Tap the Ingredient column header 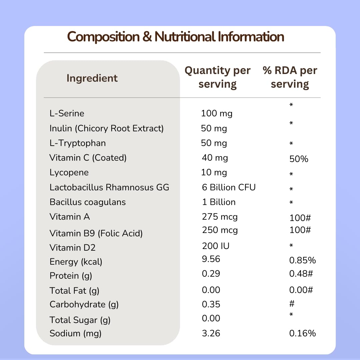point(92,79)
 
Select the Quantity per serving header point(217,77)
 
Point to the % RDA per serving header point(290,77)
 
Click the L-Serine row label point(67,113)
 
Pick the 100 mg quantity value point(217,114)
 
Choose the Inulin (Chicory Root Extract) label point(107,128)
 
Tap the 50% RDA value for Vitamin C point(299,159)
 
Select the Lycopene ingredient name point(69,173)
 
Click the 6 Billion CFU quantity point(229,187)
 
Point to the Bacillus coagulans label point(88,202)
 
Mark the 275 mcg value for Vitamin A point(220,217)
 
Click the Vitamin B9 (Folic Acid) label point(96,233)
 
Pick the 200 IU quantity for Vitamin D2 point(216,246)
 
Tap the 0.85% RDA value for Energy point(302,260)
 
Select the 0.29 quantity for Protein point(211,274)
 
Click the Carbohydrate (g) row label point(84,305)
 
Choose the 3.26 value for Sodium point(211,333)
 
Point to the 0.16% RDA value point(302,333)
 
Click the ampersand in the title point(147,37)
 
